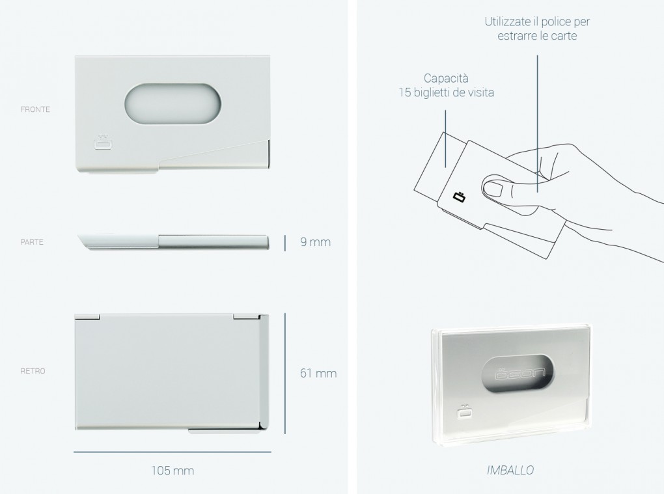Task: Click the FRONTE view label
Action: pyautogui.click(x=35, y=109)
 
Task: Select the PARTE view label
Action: pyautogui.click(x=32, y=242)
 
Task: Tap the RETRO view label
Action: pyautogui.click(x=33, y=371)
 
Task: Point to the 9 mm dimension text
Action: pyautogui.click(x=316, y=241)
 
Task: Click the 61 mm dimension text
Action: pyautogui.click(x=318, y=373)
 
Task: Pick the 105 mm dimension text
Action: pyautogui.click(x=173, y=471)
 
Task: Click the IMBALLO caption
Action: pyautogui.click(x=510, y=470)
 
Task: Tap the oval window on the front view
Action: pyautogui.click(x=173, y=104)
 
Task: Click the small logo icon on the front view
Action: pyautogui.click(x=102, y=143)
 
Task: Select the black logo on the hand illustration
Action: pyautogui.click(x=460, y=197)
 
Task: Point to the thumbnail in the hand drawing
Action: pyautogui.click(x=492, y=187)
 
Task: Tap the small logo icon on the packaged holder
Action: pyautogui.click(x=465, y=412)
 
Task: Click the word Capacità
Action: pyautogui.click(x=446, y=78)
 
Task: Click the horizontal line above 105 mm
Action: pyautogui.click(x=173, y=452)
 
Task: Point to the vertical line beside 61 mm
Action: pyautogui.click(x=285, y=374)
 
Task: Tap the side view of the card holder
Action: pyautogui.click(x=173, y=241)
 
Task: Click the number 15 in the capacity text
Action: pyautogui.click(x=404, y=92)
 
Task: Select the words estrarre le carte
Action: pyautogui.click(x=537, y=36)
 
